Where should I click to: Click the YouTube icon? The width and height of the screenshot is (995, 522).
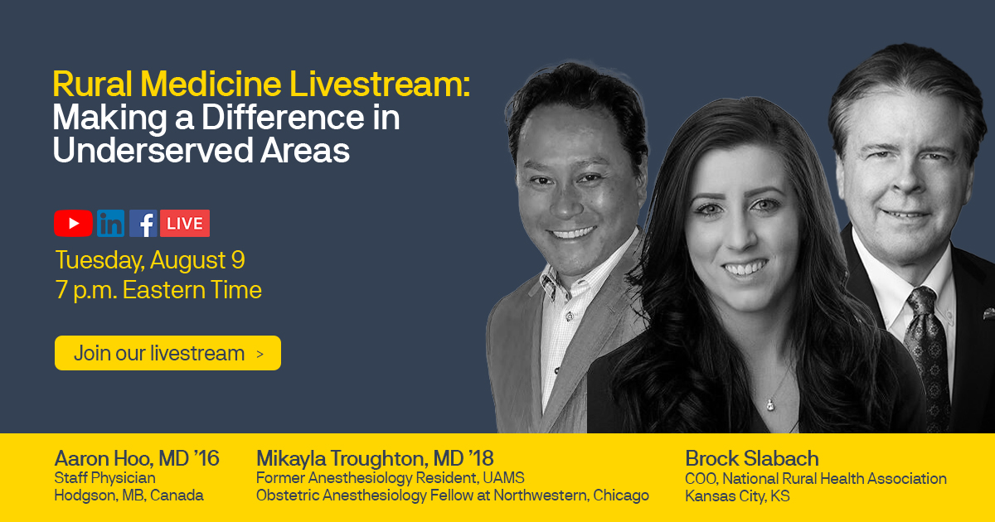tap(73, 223)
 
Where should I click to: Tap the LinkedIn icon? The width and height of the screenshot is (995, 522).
tap(110, 223)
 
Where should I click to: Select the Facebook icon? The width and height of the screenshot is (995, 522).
tap(143, 223)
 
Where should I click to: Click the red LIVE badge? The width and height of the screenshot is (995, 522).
tap(184, 223)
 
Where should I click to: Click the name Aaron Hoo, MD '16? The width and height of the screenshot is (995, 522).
tap(137, 458)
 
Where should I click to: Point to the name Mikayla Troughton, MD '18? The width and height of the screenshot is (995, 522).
tap(375, 458)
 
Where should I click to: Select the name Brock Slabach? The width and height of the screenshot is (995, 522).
tap(751, 458)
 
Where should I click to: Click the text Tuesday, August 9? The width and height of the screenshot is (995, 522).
tap(150, 260)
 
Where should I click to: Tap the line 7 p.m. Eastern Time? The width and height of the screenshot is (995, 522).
tap(158, 290)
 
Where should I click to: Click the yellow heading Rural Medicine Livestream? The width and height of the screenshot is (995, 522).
tap(261, 85)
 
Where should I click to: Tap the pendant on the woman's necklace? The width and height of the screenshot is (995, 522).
tap(769, 404)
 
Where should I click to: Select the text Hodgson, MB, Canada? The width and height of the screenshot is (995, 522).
tap(129, 495)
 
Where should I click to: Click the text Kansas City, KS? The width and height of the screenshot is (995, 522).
tap(737, 495)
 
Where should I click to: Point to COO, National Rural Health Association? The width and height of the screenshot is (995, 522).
tap(815, 478)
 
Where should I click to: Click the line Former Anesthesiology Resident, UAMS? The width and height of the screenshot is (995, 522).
tap(390, 478)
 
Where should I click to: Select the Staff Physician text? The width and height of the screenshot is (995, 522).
tap(104, 478)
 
